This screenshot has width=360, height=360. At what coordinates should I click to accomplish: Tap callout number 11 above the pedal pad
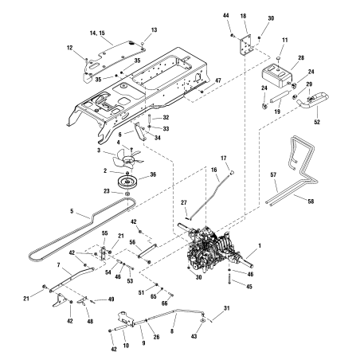click(286, 40)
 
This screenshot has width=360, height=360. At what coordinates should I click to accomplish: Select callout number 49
click(89, 299)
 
